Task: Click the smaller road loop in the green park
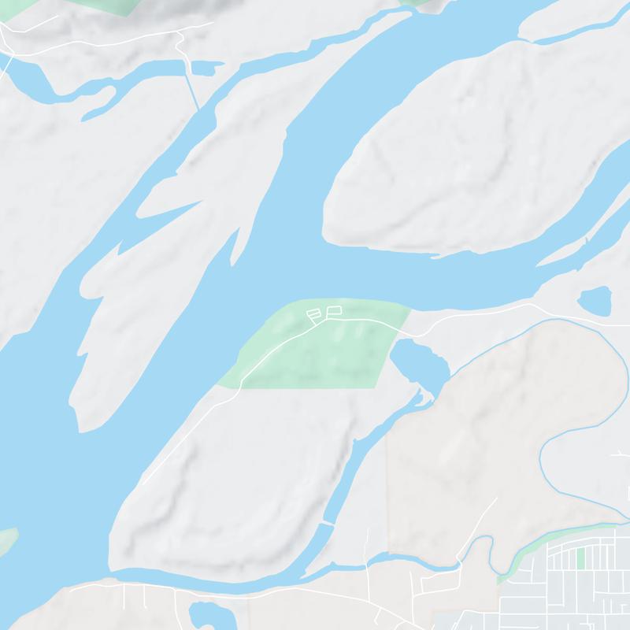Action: (x=313, y=314)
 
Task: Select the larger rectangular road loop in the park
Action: (x=333, y=309)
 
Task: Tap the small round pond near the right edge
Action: (x=595, y=301)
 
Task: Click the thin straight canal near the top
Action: (x=193, y=91)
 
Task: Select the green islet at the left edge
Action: (x=6, y=542)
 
